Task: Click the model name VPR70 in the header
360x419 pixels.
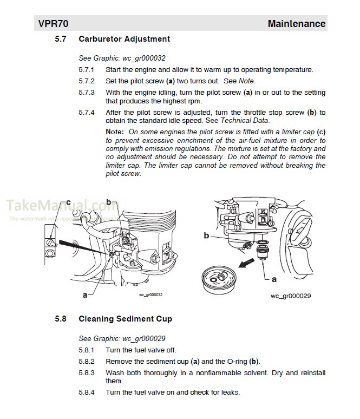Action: click(x=53, y=24)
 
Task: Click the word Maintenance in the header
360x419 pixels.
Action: click(x=296, y=24)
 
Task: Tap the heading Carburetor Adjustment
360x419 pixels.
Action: click(x=124, y=39)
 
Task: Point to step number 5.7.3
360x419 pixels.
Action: click(x=86, y=93)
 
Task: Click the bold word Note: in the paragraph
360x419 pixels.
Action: click(x=115, y=132)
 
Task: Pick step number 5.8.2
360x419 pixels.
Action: click(x=86, y=361)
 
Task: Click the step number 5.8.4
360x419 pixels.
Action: click(x=86, y=392)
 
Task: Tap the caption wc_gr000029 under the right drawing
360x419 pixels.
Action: click(x=291, y=297)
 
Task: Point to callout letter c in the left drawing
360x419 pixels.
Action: click(x=68, y=203)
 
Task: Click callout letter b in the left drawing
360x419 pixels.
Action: click(x=109, y=202)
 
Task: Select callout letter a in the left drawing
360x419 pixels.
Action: click(x=84, y=295)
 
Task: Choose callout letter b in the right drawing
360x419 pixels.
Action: click(x=206, y=235)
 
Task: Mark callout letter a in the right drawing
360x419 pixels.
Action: click(x=273, y=280)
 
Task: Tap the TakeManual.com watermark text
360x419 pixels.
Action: click(x=57, y=206)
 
